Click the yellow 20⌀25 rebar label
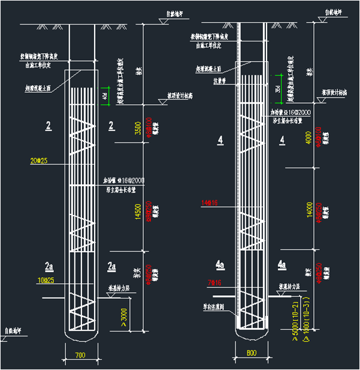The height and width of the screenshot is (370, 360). (38, 160)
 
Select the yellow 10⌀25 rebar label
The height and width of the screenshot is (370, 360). (38, 280)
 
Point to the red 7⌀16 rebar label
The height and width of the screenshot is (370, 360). (214, 282)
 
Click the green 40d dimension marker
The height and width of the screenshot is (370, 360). (105, 96)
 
